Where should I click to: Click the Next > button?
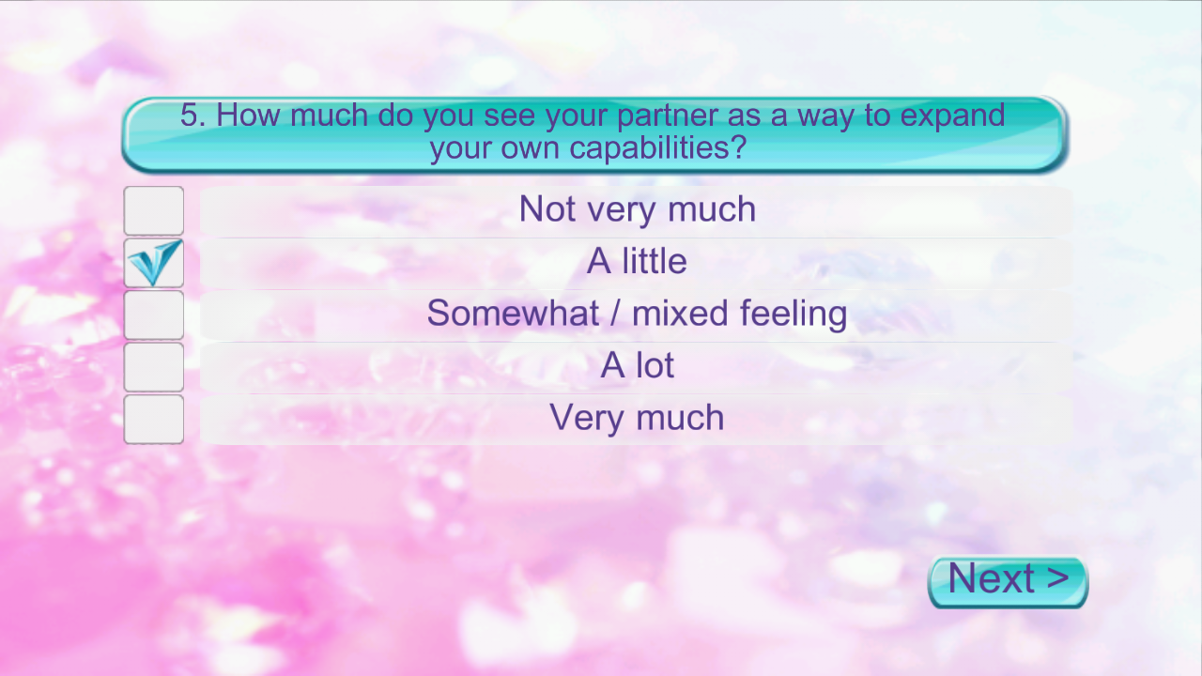tap(1008, 581)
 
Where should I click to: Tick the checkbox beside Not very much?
tap(153, 210)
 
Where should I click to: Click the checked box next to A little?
tap(153, 262)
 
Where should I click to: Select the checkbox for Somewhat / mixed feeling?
tap(153, 315)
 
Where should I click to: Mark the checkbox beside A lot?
tap(153, 366)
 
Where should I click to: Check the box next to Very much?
tap(153, 419)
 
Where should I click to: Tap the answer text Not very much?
tap(638, 209)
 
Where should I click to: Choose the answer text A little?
tap(637, 261)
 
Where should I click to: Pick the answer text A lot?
tap(637, 365)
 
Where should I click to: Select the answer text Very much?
tap(637, 418)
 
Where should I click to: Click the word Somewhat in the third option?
tap(513, 313)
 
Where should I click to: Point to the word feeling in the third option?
tap(794, 315)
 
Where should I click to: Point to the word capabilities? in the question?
tap(658, 148)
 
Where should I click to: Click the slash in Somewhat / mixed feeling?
tap(615, 314)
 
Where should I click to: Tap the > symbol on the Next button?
tap(1056, 577)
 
